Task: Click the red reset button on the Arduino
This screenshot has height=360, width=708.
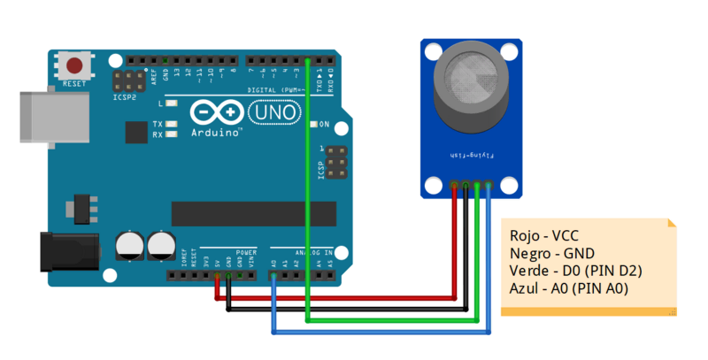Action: point(76,66)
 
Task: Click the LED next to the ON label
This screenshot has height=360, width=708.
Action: point(312,124)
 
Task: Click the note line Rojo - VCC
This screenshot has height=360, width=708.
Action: point(543,236)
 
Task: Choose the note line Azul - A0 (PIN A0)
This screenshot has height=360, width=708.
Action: point(569,288)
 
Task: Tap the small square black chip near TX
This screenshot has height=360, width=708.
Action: point(135,132)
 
